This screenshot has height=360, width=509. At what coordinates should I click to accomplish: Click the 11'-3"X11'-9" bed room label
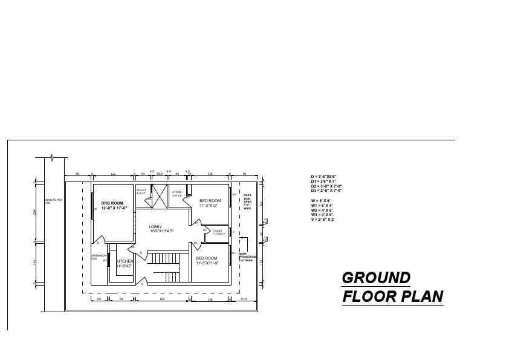pos(207,260)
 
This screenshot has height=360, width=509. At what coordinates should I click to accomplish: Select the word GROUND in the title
pos(376,278)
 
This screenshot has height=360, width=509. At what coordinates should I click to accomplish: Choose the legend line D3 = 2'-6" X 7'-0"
pos(326,191)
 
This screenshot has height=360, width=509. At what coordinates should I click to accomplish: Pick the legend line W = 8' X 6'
pos(322,200)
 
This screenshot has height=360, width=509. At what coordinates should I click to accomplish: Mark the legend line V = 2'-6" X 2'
pos(323,220)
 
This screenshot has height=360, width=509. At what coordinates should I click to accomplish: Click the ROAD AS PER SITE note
pos(54,201)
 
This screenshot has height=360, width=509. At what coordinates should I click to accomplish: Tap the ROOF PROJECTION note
pos(249,257)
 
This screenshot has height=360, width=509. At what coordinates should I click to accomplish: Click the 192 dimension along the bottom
pos(162,299)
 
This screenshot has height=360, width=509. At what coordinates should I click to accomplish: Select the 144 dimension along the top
pos(113,174)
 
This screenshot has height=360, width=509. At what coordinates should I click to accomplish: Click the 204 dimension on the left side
pos(35,212)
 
